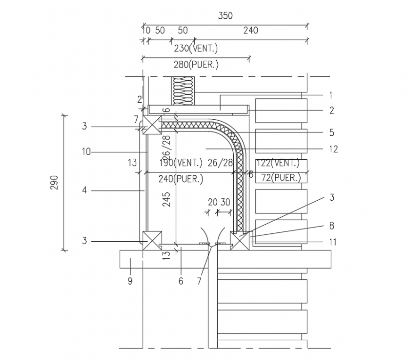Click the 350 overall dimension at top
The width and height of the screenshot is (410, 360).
[x=225, y=16]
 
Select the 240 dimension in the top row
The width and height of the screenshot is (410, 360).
[x=250, y=31]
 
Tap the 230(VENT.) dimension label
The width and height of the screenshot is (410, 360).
[x=196, y=48]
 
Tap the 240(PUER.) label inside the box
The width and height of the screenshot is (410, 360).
[x=174, y=179]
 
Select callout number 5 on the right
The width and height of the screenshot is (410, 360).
[x=331, y=132]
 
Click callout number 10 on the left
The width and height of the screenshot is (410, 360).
[x=85, y=152]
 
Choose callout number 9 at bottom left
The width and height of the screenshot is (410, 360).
[x=130, y=281]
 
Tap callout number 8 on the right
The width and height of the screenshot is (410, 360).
[x=331, y=225]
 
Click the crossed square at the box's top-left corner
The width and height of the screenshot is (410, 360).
[x=152, y=125]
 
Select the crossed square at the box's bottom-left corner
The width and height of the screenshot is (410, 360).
[x=152, y=240]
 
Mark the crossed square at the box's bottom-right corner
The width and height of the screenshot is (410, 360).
[x=239, y=241]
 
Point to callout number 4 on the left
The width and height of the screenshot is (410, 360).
[x=84, y=190]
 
